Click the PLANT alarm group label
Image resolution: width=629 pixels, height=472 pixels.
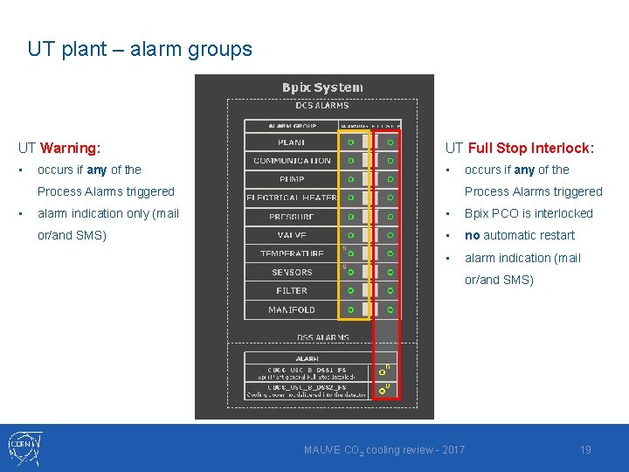pyautogui.click(x=291, y=142)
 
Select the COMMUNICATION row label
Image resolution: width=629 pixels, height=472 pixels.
pyautogui.click(x=292, y=161)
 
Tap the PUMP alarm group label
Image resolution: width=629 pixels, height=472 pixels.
pyautogui.click(x=292, y=179)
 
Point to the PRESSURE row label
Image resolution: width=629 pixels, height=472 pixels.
pyautogui.click(x=292, y=216)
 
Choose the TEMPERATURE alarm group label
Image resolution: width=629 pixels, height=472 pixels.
pyautogui.click(x=292, y=253)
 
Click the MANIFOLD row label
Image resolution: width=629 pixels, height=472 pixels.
pyautogui.click(x=292, y=309)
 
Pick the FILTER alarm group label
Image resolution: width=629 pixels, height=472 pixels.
pyautogui.click(x=292, y=290)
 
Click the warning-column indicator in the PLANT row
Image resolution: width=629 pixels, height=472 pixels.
pyautogui.click(x=350, y=142)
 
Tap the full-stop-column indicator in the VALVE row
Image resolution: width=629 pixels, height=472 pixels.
pyautogui.click(x=391, y=235)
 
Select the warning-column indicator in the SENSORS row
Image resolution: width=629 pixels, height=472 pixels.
pyautogui.click(x=350, y=272)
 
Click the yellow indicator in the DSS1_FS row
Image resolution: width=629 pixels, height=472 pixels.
pyautogui.click(x=382, y=372)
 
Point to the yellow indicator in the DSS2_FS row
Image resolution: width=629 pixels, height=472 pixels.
pyautogui.click(x=382, y=391)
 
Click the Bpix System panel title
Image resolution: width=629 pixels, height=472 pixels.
pyautogui.click(x=322, y=87)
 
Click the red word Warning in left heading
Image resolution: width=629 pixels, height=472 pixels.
pyautogui.click(x=70, y=149)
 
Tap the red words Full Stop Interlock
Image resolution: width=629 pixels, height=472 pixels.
pyautogui.click(x=531, y=149)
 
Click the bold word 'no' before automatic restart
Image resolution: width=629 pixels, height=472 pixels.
pyautogui.click(x=472, y=235)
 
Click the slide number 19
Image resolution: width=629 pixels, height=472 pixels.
pyautogui.click(x=586, y=450)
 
